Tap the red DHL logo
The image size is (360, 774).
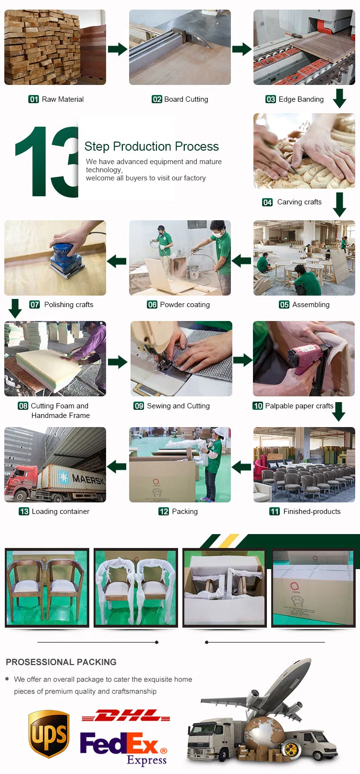(x=126, y=716)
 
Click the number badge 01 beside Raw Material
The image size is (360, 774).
(x=34, y=99)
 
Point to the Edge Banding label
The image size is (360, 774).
(x=301, y=99)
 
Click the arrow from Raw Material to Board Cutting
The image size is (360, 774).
(x=117, y=49)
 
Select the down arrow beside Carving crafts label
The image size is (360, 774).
(x=339, y=204)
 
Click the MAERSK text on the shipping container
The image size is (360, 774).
(x=88, y=479)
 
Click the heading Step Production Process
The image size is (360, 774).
(x=151, y=146)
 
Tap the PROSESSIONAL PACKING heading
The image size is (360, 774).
(x=61, y=662)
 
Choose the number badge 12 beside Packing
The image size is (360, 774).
(x=164, y=512)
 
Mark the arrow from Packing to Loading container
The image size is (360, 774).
(x=117, y=466)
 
